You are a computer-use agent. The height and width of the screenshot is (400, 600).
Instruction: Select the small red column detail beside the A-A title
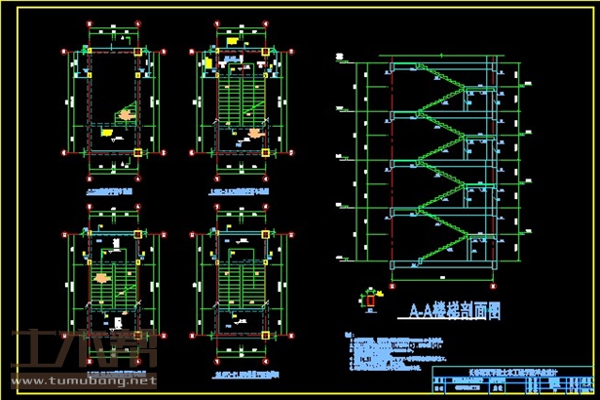pyautogui.click(x=371, y=302)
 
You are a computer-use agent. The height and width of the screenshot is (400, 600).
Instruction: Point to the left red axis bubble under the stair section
pyautogui.click(x=392, y=283)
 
